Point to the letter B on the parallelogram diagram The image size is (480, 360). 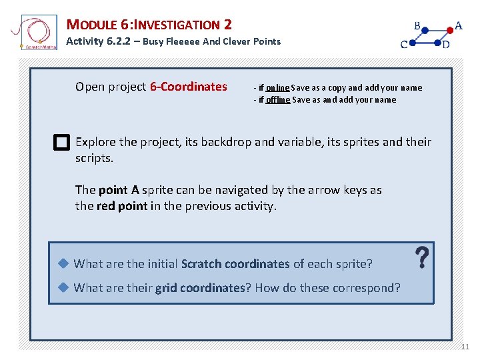[417, 27]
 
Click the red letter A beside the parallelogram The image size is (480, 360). [458, 27]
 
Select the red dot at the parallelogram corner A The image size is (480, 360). [450, 30]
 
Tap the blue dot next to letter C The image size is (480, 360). [413, 44]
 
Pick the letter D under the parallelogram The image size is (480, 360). [445, 45]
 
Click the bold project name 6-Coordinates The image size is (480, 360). [189, 87]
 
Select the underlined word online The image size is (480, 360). [277, 87]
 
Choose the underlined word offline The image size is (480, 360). [277, 100]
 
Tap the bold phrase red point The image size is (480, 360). [122, 206]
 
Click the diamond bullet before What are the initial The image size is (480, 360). [63, 263]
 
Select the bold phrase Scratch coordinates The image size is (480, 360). [235, 264]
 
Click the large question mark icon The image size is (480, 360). [421, 258]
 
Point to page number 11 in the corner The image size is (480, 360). [465, 347]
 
